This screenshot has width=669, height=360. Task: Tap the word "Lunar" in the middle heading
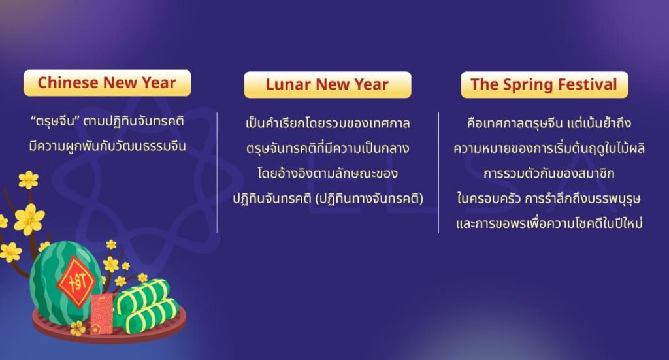[x=288, y=85]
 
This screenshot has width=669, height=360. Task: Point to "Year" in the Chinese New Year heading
[x=158, y=83]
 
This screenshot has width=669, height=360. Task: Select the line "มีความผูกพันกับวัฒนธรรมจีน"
[x=108, y=146]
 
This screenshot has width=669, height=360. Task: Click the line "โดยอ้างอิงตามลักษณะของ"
[x=327, y=174]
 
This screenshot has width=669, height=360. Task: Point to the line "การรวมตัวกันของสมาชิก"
[x=549, y=174]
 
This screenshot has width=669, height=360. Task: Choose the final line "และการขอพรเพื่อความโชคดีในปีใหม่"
[x=549, y=223]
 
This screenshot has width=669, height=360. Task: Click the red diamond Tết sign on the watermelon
[x=76, y=282]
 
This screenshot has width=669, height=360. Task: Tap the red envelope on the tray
[x=102, y=313]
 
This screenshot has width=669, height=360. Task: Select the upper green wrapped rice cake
[x=142, y=295]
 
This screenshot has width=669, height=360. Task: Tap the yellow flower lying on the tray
[x=78, y=328]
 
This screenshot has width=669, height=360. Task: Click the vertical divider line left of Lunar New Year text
[x=218, y=172]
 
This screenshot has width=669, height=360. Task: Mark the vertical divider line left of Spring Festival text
[x=438, y=172]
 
